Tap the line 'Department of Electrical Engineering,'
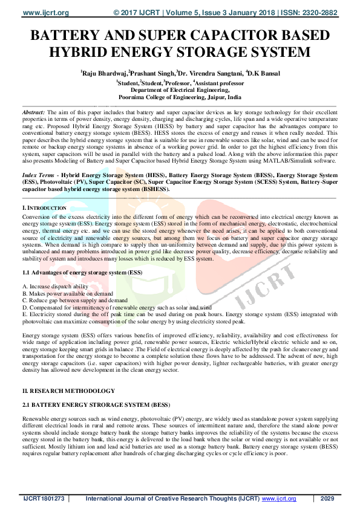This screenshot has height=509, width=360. pos(180,89)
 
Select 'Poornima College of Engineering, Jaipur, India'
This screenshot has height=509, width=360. pos(180,96)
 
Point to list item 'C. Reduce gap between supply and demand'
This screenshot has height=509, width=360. pos(74,300)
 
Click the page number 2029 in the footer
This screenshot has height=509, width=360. pos(327,499)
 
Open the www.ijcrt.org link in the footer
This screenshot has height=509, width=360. pos(279,499)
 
